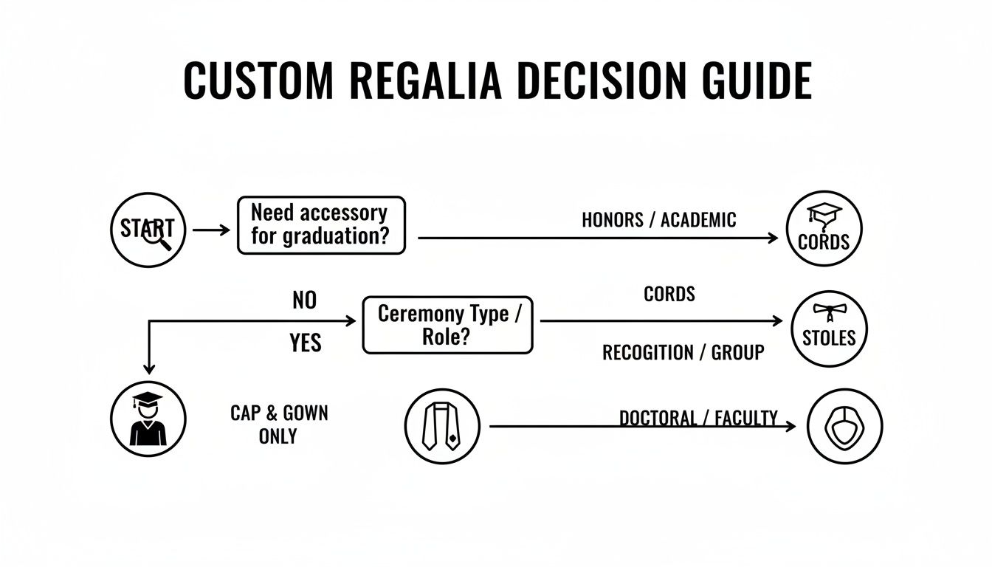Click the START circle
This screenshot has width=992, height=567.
(147, 228)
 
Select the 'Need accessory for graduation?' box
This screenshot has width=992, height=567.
(321, 225)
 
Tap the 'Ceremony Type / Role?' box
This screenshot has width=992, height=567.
(447, 325)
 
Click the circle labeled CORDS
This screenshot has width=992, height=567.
(824, 228)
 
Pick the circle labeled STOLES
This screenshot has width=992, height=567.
(829, 329)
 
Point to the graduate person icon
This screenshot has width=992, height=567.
(148, 419)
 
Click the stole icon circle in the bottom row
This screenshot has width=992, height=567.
(442, 426)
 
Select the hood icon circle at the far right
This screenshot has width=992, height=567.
(844, 426)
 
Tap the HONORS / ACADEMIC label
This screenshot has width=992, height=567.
(658, 219)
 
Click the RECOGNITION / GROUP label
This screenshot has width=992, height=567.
(683, 353)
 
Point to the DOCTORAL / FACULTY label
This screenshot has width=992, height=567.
(697, 419)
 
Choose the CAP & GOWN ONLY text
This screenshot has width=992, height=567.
(278, 425)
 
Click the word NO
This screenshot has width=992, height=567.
(304, 300)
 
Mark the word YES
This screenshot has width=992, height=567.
(306, 343)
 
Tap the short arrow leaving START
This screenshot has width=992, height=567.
(211, 230)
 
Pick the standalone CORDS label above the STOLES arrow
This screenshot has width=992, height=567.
(669, 294)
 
